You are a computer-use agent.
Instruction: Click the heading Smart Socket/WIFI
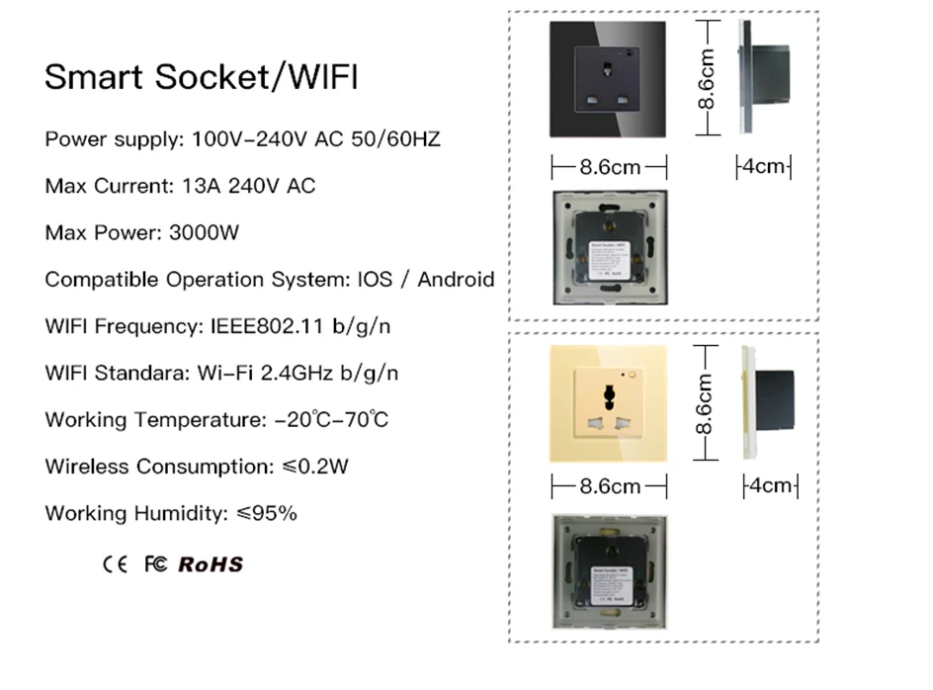pos(202,78)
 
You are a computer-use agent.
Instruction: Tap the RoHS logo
pos(211,564)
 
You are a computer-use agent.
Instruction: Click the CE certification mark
pos(115,564)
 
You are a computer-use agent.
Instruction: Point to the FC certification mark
pos(155,564)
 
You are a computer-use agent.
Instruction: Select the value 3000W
pos(206,233)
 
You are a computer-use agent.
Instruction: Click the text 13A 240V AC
pos(249,186)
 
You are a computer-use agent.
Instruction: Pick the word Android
pos(456,280)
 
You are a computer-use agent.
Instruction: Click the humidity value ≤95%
pos(268,513)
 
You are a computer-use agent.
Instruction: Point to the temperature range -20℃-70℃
pos(331,420)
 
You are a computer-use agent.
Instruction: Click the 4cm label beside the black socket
pos(763,166)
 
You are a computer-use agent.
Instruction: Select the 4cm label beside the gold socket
pos(770,485)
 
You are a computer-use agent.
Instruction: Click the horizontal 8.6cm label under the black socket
pos(609,166)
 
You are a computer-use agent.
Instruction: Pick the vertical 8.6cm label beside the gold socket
pos(706,404)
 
